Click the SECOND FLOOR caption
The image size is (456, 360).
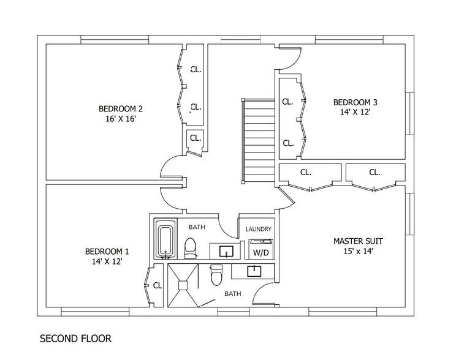75,339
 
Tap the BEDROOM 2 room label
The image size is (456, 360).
121,108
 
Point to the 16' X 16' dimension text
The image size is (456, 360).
121,119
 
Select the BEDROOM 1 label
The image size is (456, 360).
107,252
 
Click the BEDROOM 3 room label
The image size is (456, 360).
355,102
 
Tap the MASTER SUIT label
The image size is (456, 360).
358,241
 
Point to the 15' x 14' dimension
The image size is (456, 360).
359,252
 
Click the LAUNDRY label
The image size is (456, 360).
258,229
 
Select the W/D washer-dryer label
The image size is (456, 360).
261,253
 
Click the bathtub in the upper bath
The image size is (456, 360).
165,239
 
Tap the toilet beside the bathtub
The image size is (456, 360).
191,249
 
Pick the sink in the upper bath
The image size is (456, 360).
226,251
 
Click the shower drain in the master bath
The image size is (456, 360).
183,285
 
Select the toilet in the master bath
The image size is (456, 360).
216,275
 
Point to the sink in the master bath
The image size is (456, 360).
254,271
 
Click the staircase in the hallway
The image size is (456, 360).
259,141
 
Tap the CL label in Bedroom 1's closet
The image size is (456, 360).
158,286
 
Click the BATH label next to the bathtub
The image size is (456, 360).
197,227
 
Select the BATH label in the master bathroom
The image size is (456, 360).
233,294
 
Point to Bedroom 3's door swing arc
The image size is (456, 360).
296,62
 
